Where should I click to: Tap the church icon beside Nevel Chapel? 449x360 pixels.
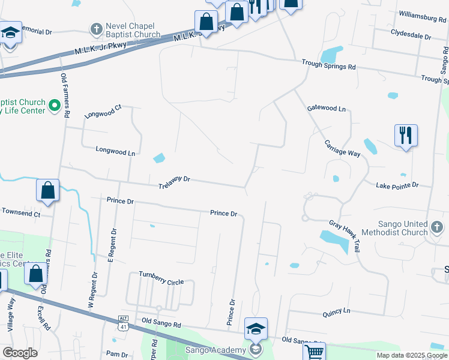pyautogui.click(x=96, y=28)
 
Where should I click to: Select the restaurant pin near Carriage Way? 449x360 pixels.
pyautogui.click(x=406, y=136)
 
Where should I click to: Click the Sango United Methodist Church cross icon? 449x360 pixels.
pyautogui.click(x=437, y=228)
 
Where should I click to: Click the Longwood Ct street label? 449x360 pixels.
pyautogui.click(x=103, y=112)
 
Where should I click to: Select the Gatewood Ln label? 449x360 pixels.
pyautogui.click(x=327, y=109)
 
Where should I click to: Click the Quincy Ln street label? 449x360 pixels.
pyautogui.click(x=336, y=311)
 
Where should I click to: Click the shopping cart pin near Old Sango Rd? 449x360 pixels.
pyautogui.click(x=315, y=352)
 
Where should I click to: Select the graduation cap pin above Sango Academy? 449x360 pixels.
pyautogui.click(x=256, y=329)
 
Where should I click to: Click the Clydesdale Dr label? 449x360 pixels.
pyautogui.click(x=411, y=36)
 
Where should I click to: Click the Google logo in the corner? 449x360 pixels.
pyautogui.click(x=20, y=353)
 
